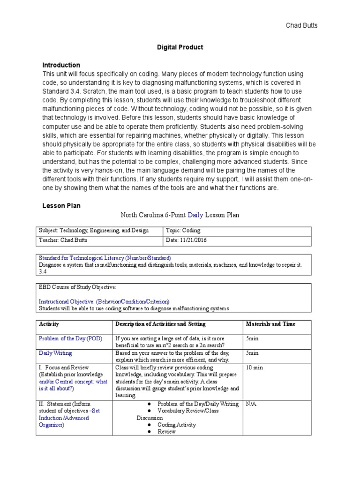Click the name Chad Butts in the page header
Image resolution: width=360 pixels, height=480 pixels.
tap(301, 25)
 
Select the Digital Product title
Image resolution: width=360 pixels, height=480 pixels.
tap(180, 47)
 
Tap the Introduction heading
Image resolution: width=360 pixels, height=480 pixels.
tap(61, 65)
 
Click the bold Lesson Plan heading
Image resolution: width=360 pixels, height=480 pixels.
tap(61, 205)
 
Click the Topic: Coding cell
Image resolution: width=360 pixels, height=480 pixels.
tap(183, 231)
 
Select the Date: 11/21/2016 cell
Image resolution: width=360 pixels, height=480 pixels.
tap(186, 240)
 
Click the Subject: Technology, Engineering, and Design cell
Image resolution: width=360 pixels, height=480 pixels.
tap(94, 231)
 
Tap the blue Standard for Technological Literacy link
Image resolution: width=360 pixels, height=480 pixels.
tap(105, 258)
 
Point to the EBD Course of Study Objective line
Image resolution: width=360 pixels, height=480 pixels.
tap(77, 287)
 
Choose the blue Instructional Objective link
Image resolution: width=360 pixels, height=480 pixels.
tap(104, 301)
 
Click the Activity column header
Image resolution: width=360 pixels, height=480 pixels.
tap(49, 324)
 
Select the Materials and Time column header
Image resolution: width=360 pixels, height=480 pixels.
tap(270, 324)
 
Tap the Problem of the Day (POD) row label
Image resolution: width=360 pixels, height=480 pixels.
tap(70, 338)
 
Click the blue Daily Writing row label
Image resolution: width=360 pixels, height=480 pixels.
tap(55, 352)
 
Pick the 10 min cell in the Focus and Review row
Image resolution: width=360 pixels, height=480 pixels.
tap(255, 367)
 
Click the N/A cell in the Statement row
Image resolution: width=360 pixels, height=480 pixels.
tap(252, 404)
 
